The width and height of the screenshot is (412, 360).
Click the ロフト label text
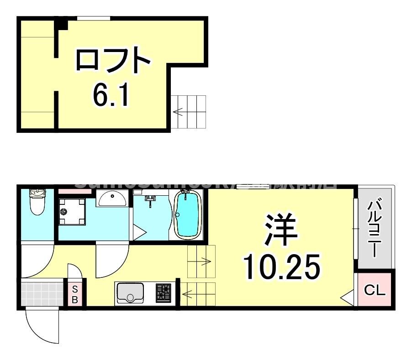pos(113,60)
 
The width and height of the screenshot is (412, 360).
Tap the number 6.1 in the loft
pos(112,94)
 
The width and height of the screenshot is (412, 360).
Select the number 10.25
pos(280,267)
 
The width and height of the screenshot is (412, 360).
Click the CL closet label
pos(375,290)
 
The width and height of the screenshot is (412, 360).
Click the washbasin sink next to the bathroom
pos(112,198)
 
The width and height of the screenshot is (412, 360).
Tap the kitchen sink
pos(130,293)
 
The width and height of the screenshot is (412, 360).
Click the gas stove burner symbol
pos(164,292)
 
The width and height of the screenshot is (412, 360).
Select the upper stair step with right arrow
pos(201,261)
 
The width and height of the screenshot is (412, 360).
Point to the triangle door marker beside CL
pos(348,297)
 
